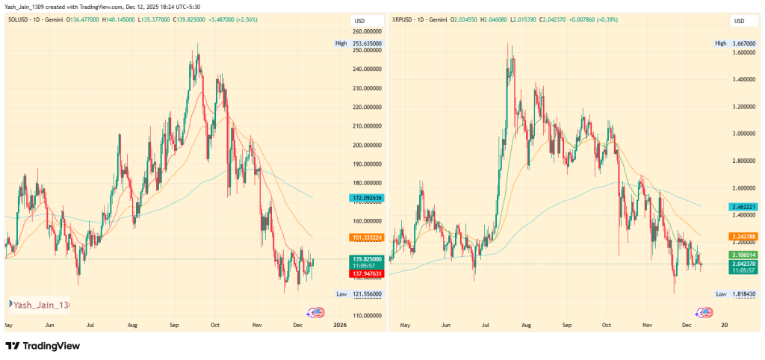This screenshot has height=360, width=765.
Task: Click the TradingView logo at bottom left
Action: click(43, 346)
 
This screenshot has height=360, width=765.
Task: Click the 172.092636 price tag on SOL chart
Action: click(366, 197)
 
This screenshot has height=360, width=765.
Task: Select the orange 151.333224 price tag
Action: click(366, 238)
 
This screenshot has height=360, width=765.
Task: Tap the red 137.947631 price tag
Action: click(366, 273)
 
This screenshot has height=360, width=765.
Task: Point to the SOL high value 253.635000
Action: click(367, 43)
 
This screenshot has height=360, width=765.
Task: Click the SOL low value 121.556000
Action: click(367, 294)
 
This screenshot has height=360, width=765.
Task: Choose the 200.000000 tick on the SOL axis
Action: click(367, 145)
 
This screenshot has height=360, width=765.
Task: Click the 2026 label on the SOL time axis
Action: click(340, 325)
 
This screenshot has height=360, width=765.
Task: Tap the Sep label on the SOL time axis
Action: click(175, 325)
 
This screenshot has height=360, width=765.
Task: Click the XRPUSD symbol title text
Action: click(407, 20)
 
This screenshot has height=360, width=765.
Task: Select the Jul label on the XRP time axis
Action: click(486, 325)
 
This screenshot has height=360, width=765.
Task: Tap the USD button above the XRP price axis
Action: click(740, 20)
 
